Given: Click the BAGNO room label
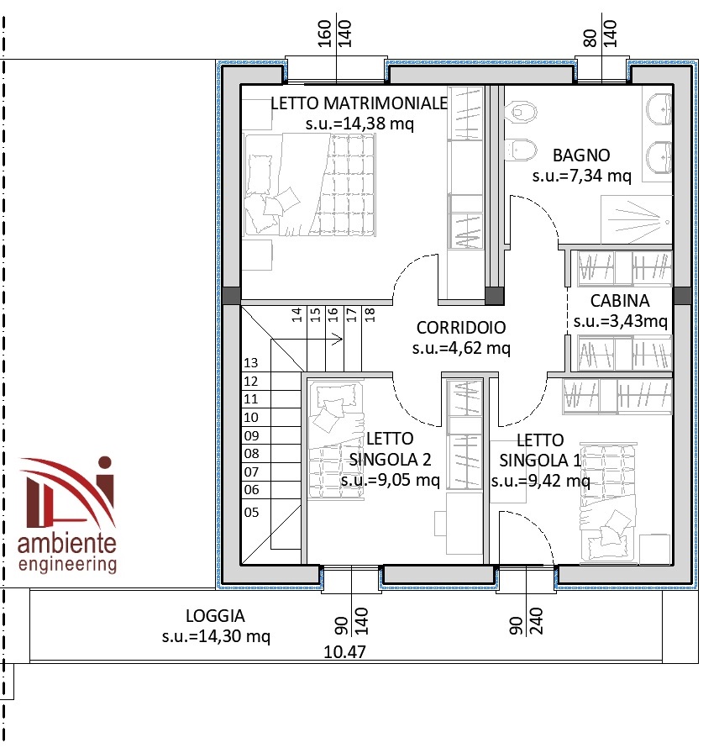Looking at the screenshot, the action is (581, 155).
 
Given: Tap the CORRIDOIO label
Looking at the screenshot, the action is (461, 327).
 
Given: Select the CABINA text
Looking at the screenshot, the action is (620, 301).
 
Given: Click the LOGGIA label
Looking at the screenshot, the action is (215, 616).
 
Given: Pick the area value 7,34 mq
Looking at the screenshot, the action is (597, 176).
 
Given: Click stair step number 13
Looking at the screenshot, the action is (251, 363).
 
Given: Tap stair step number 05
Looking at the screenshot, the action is (251, 513).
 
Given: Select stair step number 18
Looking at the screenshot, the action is (370, 314).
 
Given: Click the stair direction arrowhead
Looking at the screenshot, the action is (338, 340).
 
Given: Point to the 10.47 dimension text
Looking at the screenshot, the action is (344, 651).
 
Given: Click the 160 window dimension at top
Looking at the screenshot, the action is (324, 34).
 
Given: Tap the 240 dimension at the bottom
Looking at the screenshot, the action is (537, 620).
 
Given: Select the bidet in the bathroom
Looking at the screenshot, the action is (520, 150).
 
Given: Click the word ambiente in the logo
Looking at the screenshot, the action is (66, 543).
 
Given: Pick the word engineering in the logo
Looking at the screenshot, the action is (67, 563).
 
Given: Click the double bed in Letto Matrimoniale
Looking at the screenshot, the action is (310, 185).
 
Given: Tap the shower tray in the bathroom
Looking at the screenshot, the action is (637, 219).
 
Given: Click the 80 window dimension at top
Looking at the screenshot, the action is (590, 38).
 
